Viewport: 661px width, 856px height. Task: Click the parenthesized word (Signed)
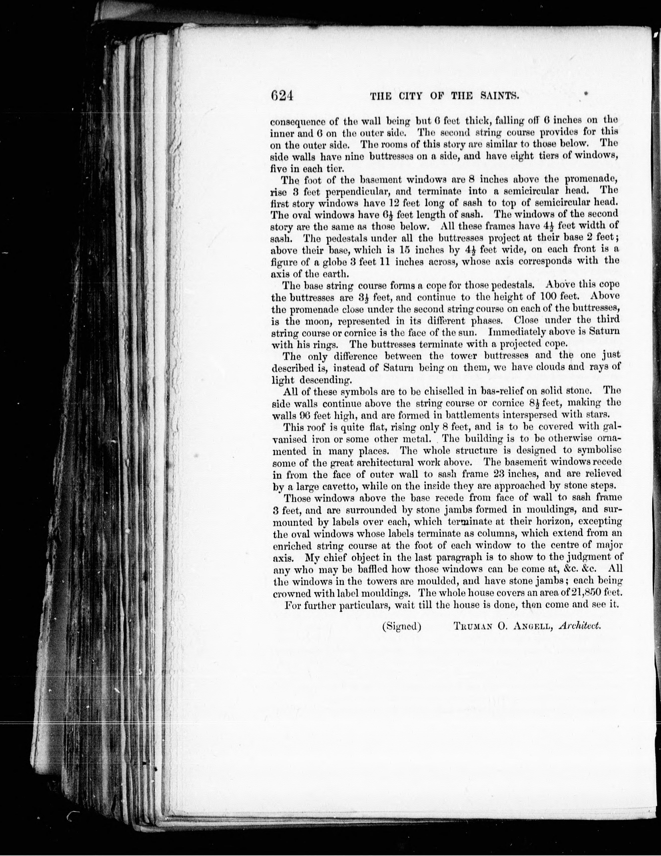point(402,626)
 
